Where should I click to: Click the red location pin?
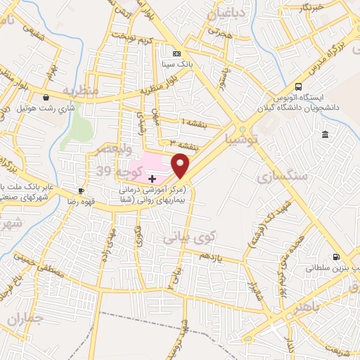pyautogui.click(x=181, y=166)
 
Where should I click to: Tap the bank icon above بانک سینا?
pyautogui.click(x=176, y=53)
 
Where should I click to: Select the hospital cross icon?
pyautogui.click(x=153, y=179)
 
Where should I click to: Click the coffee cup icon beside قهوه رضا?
pyautogui.click(x=82, y=191)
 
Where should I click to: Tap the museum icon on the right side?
pyautogui.click(x=324, y=134)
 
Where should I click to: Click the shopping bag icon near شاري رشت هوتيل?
pyautogui.click(x=46, y=98)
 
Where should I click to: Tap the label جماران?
pyautogui.click(x=26, y=319)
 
